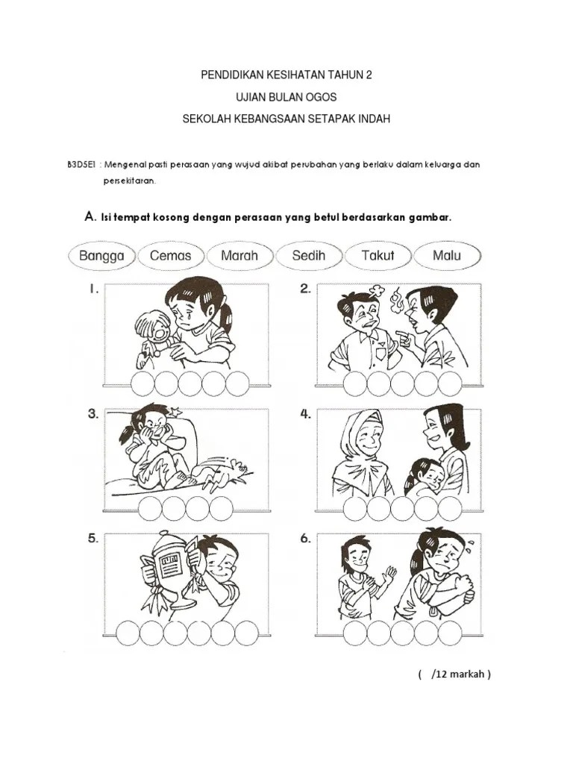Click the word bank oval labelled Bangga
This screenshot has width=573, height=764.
tap(101, 256)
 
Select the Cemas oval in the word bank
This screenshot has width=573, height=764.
tap(171, 256)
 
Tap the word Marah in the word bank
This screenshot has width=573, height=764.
tap(239, 255)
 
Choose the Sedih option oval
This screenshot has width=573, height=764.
tap(308, 256)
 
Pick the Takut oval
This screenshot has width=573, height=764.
tap(378, 256)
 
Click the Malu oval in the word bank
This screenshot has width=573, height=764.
tap(447, 256)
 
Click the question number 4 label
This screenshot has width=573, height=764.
tap(305, 414)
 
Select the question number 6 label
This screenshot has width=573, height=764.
tap(305, 539)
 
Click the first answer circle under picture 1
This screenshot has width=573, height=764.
tap(143, 383)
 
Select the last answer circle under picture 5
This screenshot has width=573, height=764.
tap(247, 633)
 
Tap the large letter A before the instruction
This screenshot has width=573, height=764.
tap(90, 216)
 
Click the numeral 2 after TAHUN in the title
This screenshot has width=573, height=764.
tap(369, 75)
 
